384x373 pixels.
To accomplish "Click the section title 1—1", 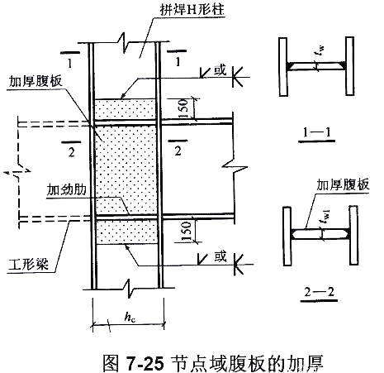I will click(316, 132).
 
